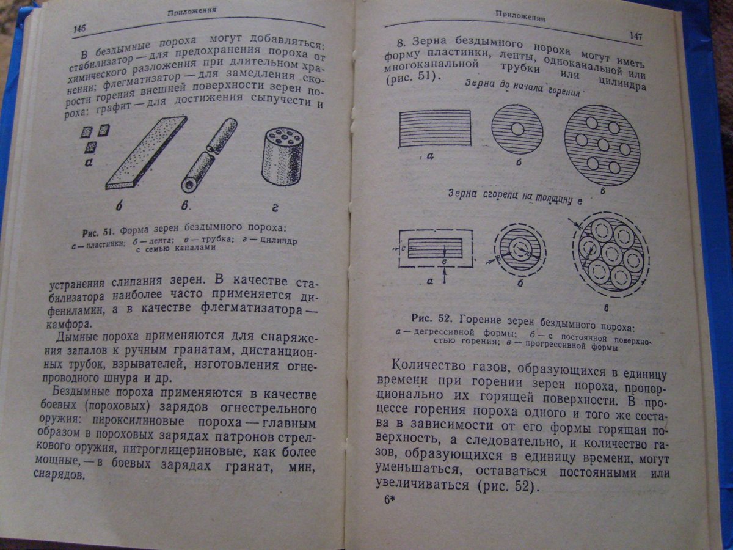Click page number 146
pyautogui.click(x=79, y=28)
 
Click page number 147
pyautogui.click(x=636, y=35)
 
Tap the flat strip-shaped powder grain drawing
pyautogui.click(x=146, y=153)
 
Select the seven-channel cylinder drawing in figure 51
pyautogui.click(x=282, y=156)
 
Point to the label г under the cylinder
pyautogui.click(x=275, y=208)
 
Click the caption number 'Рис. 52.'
pyautogui.click(x=431, y=318)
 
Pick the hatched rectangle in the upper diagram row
pyautogui.click(x=435, y=128)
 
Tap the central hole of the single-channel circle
pyautogui.click(x=517, y=129)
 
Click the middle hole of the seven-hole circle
pyautogui.click(x=603, y=145)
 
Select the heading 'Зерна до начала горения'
pyautogui.click(x=523, y=87)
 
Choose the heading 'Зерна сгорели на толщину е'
pyautogui.click(x=516, y=197)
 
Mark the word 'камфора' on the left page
pyautogui.click(x=68, y=324)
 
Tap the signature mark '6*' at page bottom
pyautogui.click(x=389, y=500)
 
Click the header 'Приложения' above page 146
pyautogui.click(x=192, y=12)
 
